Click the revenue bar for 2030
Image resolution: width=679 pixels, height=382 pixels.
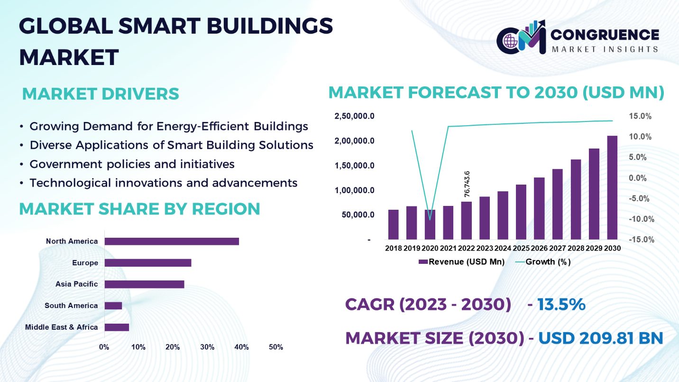pos(612,187)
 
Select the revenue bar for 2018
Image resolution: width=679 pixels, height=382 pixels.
pos(394,224)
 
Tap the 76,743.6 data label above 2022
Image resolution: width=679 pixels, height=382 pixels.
pos(467,184)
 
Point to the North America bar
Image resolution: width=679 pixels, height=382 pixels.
pos(171,241)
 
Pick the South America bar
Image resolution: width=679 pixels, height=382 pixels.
pos(113,306)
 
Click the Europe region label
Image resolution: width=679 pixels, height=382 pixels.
pos(85,263)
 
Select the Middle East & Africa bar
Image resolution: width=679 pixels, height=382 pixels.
pos(117,327)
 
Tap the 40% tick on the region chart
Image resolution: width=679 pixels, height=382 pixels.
pos(241,347)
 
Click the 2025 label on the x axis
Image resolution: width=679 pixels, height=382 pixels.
pos(521,248)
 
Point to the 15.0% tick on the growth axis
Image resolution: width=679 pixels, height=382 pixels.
pos(640,116)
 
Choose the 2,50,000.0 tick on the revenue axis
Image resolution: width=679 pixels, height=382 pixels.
pos(355,116)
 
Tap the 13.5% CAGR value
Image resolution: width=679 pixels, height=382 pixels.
pos(561,304)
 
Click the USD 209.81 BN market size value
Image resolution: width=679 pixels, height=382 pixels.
pos(600,338)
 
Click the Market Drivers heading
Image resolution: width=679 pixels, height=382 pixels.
pos(101,94)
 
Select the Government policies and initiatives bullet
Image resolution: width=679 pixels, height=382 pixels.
pos(132,164)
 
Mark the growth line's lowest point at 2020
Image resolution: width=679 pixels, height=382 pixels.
pos(430,220)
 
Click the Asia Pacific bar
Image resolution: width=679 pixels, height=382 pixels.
pos(144,284)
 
